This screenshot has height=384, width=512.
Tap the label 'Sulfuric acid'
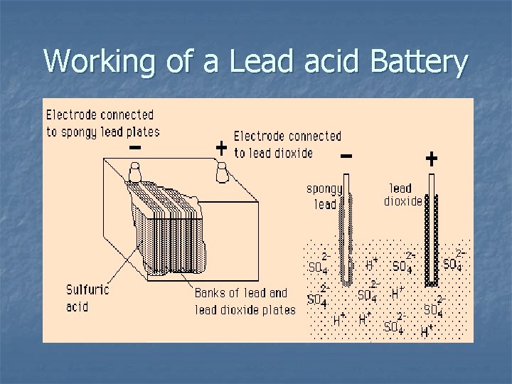click(x=87, y=297)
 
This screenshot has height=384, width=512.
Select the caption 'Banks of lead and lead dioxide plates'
click(x=245, y=301)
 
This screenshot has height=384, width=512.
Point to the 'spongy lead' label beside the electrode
click(x=324, y=196)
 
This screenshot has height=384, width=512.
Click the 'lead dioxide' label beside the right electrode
click(x=402, y=195)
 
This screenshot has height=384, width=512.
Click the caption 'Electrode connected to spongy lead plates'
click(x=102, y=122)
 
